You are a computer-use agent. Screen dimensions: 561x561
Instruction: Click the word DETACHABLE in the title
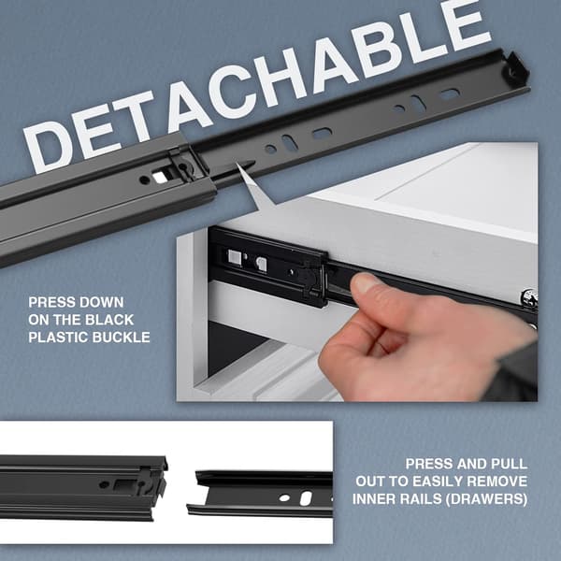tap(258, 86)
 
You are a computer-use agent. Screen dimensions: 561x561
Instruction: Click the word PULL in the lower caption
tap(510, 464)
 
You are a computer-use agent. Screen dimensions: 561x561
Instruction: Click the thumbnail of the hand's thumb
tap(366, 282)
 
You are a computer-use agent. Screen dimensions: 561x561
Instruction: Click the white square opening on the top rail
tap(159, 177)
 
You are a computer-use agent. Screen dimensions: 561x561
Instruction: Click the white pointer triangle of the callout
tap(253, 184)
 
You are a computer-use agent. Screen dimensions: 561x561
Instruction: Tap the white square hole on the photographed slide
tap(235, 256)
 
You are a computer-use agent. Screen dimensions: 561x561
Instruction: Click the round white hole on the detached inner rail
tap(285, 497)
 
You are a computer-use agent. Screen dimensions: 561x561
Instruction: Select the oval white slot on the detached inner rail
tap(306, 498)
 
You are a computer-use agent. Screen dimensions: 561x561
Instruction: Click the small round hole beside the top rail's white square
tap(145, 180)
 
